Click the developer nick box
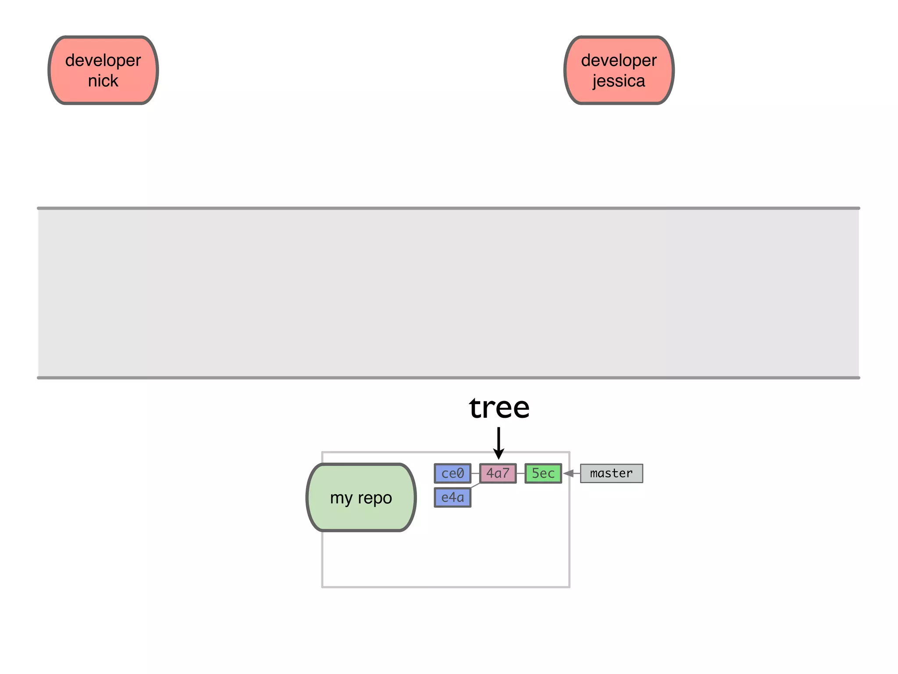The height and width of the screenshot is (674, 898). tap(103, 70)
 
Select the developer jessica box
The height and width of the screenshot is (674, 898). tap(619, 70)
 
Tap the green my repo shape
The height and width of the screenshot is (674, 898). tap(361, 498)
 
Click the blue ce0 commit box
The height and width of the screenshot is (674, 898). tap(453, 473)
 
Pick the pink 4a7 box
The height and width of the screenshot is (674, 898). tap(498, 473)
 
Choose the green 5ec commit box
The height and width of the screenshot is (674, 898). tap(543, 473)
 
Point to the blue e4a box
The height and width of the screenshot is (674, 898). tap(453, 498)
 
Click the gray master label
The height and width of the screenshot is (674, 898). tap(611, 473)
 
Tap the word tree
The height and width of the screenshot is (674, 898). tap(499, 408)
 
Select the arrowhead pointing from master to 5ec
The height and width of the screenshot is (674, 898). tap(569, 473)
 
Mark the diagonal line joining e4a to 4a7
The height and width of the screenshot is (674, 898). tap(476, 485)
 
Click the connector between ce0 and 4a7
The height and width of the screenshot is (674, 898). tap(475, 473)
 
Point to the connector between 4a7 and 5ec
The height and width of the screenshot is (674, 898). tap(520, 473)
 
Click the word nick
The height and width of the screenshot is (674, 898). tap(103, 81)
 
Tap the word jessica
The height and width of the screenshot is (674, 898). tap(619, 81)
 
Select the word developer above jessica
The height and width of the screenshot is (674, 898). tap(619, 61)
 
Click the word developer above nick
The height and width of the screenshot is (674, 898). tap(103, 61)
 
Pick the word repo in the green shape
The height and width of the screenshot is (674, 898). tap(375, 498)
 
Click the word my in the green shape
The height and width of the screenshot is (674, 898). tap(341, 498)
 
